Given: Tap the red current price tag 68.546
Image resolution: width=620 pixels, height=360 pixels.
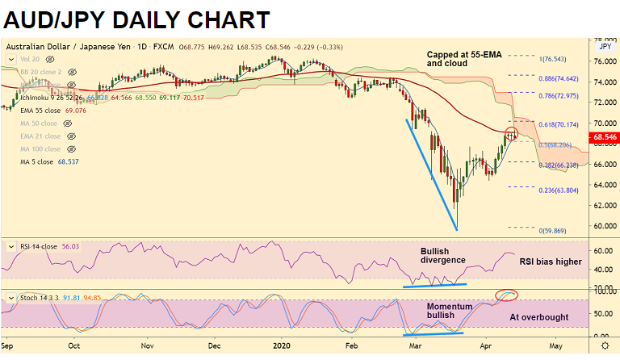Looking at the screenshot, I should (604, 138).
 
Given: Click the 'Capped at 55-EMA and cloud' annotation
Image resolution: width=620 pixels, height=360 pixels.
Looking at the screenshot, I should (458, 58).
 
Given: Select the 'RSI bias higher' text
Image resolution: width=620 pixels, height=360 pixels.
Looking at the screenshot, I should (550, 262).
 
